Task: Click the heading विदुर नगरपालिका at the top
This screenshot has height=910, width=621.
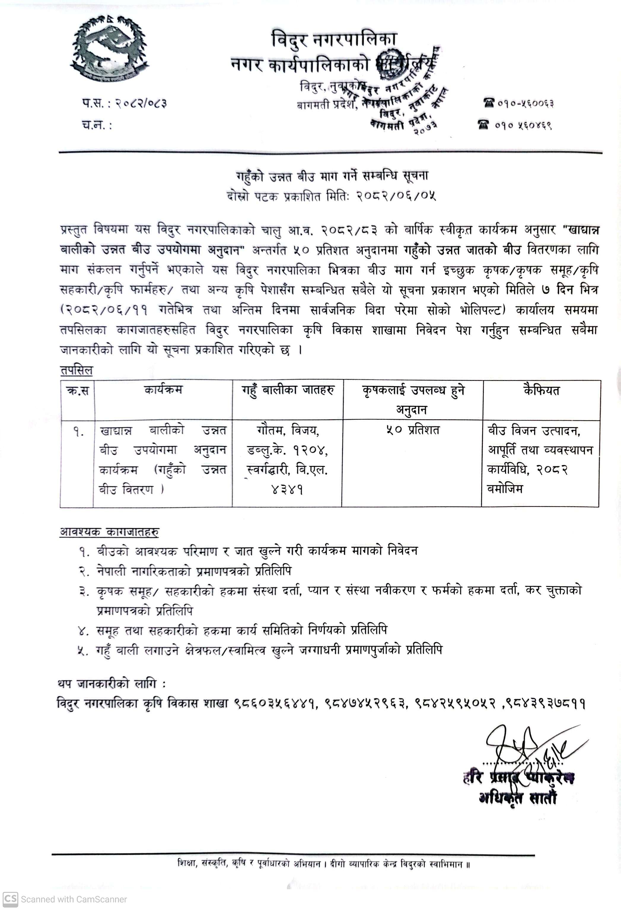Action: pyautogui.click(x=334, y=39)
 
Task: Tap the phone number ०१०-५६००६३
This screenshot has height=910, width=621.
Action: pyautogui.click(x=526, y=103)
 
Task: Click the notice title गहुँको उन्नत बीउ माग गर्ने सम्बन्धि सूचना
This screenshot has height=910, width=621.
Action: pyautogui.click(x=332, y=176)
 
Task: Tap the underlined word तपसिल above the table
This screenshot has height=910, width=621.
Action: pyautogui.click(x=77, y=370)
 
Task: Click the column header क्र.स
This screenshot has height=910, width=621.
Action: pyautogui.click(x=78, y=391)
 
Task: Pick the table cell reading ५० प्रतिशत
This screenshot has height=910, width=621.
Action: pyautogui.click(x=413, y=430)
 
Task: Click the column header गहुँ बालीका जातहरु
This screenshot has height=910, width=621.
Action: pyautogui.click(x=288, y=391)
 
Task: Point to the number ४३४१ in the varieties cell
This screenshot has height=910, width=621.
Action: pyautogui.click(x=287, y=489)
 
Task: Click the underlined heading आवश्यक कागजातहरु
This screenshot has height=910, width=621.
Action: pyautogui.click(x=109, y=532)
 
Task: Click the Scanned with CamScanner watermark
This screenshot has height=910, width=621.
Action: pyautogui.click(x=65, y=899)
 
